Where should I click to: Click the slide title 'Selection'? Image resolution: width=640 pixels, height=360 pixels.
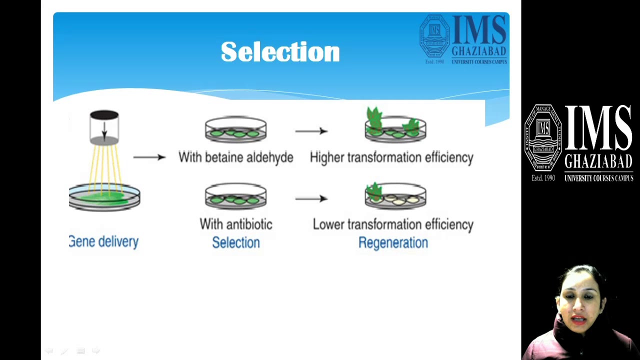[x=280, y=52]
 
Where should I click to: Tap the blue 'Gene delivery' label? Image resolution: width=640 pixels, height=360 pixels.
[x=103, y=241]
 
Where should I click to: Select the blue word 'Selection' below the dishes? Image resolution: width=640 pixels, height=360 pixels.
[x=235, y=242]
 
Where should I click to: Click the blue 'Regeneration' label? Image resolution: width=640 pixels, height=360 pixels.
[x=393, y=242]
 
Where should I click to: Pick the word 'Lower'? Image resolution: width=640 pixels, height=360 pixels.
[x=328, y=224]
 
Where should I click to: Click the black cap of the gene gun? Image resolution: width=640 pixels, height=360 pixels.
[x=104, y=115]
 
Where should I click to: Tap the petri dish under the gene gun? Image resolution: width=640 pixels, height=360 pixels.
[x=104, y=197]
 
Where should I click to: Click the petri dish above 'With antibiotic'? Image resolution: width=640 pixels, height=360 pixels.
[x=235, y=196]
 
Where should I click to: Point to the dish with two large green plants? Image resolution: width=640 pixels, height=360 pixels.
[x=395, y=126]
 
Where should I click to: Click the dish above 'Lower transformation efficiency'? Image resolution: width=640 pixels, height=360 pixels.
[x=395, y=196]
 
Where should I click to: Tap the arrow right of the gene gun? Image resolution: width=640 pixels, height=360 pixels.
[x=149, y=157]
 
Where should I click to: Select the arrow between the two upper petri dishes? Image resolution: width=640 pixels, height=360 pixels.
[x=311, y=131]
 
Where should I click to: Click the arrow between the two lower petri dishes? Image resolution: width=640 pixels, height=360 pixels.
[x=311, y=198]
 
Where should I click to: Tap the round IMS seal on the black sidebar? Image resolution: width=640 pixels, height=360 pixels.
[x=543, y=138]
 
